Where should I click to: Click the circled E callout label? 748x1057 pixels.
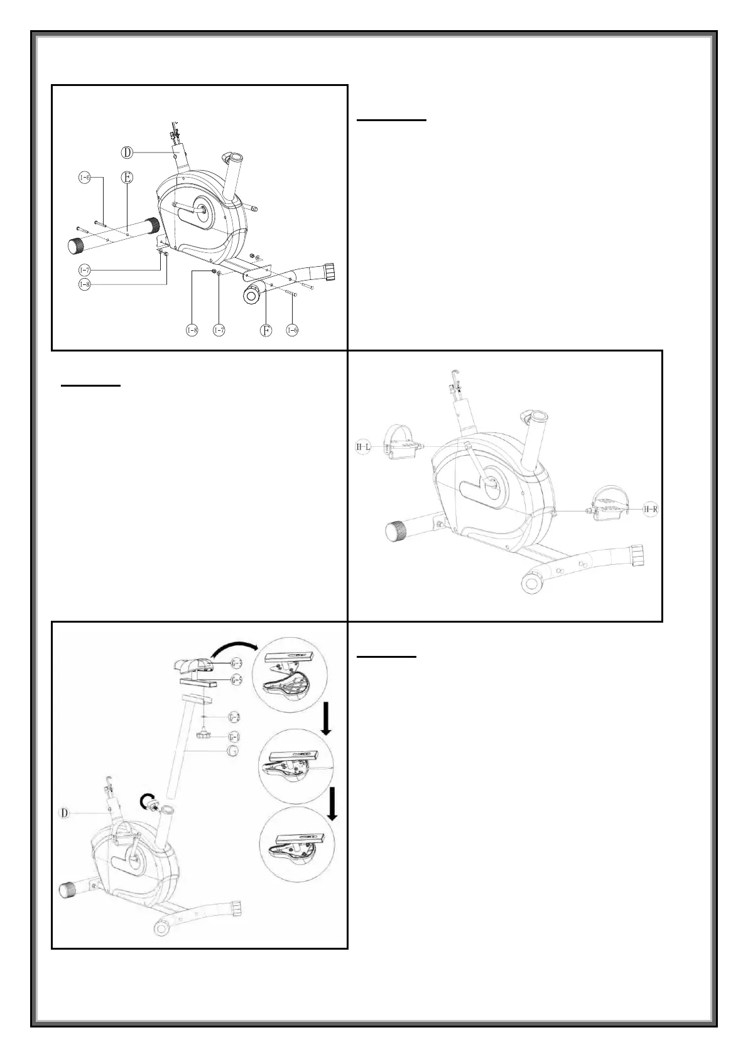[127, 178]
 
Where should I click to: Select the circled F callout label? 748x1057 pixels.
[266, 330]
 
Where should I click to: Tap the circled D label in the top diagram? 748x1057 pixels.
[127, 151]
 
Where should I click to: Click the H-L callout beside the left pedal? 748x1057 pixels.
[364, 447]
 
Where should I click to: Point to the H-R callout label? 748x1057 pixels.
[650, 509]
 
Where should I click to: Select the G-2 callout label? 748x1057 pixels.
[233, 717]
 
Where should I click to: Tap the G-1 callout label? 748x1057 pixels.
[233, 736]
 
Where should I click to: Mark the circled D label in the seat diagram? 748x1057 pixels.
[63, 814]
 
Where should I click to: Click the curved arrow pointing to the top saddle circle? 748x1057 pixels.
[236, 647]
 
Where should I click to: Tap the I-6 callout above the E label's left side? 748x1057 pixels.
[84, 178]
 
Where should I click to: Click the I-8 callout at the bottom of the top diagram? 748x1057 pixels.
[193, 330]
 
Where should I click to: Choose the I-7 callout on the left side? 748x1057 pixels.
[84, 270]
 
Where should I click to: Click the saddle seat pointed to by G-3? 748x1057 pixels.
[193, 663]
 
